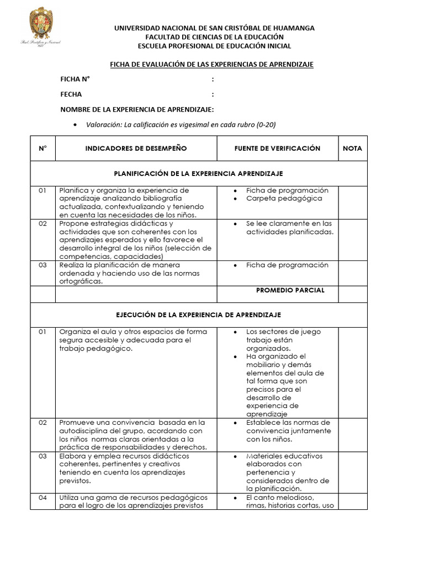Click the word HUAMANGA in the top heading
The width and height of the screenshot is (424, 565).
pos(291,28)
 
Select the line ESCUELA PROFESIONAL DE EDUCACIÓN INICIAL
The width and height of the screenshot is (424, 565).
pos(214,46)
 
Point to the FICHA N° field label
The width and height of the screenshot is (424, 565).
pos(75,79)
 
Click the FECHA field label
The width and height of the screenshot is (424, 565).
pos(71,94)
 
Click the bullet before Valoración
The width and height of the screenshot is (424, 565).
pos(75,125)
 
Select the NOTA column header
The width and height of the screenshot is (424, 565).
pos(352,148)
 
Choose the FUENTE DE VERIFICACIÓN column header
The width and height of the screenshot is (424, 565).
pos(277,148)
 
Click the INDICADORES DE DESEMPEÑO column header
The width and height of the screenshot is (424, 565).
pos(136,148)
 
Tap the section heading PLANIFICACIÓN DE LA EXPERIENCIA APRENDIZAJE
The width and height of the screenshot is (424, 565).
pos(198,173)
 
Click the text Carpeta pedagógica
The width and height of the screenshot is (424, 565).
pos(284,198)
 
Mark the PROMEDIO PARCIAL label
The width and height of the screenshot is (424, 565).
pos(290,290)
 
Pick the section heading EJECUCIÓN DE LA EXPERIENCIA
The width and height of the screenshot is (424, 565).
pos(198,315)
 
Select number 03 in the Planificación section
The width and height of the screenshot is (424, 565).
pos(43,265)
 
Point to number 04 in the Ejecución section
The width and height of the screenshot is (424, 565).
pos(43,498)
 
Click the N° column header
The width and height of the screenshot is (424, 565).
pos(43,148)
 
